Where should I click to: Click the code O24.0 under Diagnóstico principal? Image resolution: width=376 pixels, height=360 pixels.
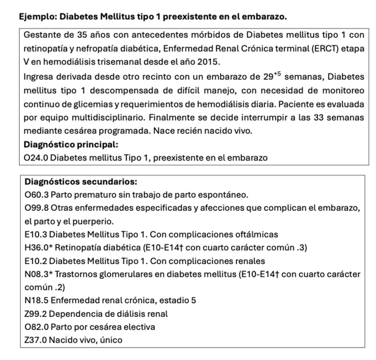coord(36,158)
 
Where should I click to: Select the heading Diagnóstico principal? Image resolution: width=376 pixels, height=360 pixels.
coord(70,145)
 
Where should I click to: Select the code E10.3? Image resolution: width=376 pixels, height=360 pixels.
coord(35,234)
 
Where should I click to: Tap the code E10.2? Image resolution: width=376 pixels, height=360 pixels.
coord(35,261)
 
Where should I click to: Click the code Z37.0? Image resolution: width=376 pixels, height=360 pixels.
coord(35,340)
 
